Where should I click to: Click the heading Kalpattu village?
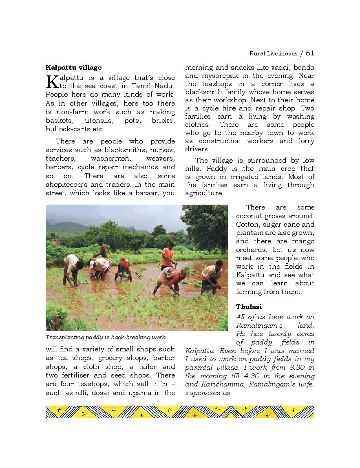(x=73, y=67)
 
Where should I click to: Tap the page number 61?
(x=310, y=53)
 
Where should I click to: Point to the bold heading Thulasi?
(x=249, y=307)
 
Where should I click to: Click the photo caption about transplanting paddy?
(x=106, y=337)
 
